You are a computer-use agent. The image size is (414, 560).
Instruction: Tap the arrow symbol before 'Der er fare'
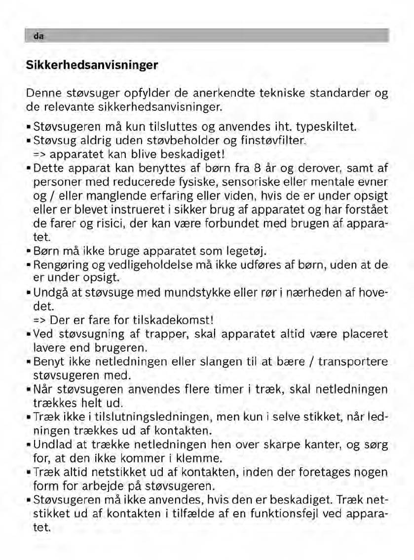pyautogui.click(x=39, y=319)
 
